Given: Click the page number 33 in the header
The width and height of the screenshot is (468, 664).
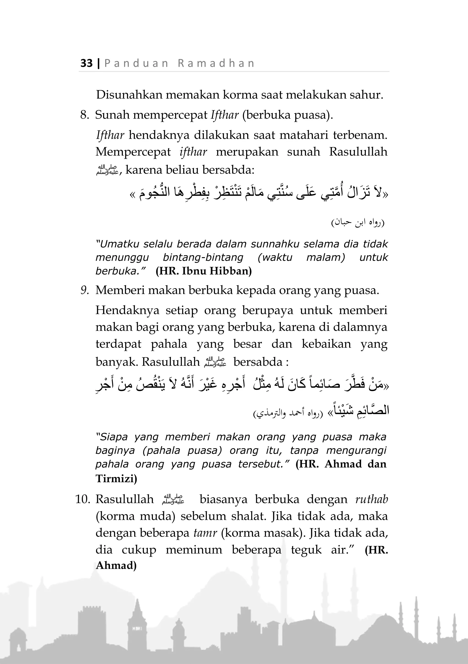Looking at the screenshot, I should [x=86, y=63].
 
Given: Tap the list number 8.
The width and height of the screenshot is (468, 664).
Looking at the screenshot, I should [x=85, y=115].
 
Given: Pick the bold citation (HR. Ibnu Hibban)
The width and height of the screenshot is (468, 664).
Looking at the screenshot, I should [x=204, y=271].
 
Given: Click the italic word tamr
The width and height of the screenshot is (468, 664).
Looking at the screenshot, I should [x=205, y=533].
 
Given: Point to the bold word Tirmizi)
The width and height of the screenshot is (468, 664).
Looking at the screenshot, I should [x=116, y=479].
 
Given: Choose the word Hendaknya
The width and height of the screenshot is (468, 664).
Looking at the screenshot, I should [x=127, y=310].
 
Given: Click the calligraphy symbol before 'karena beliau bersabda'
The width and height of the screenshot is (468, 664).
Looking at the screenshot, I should [x=107, y=170].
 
